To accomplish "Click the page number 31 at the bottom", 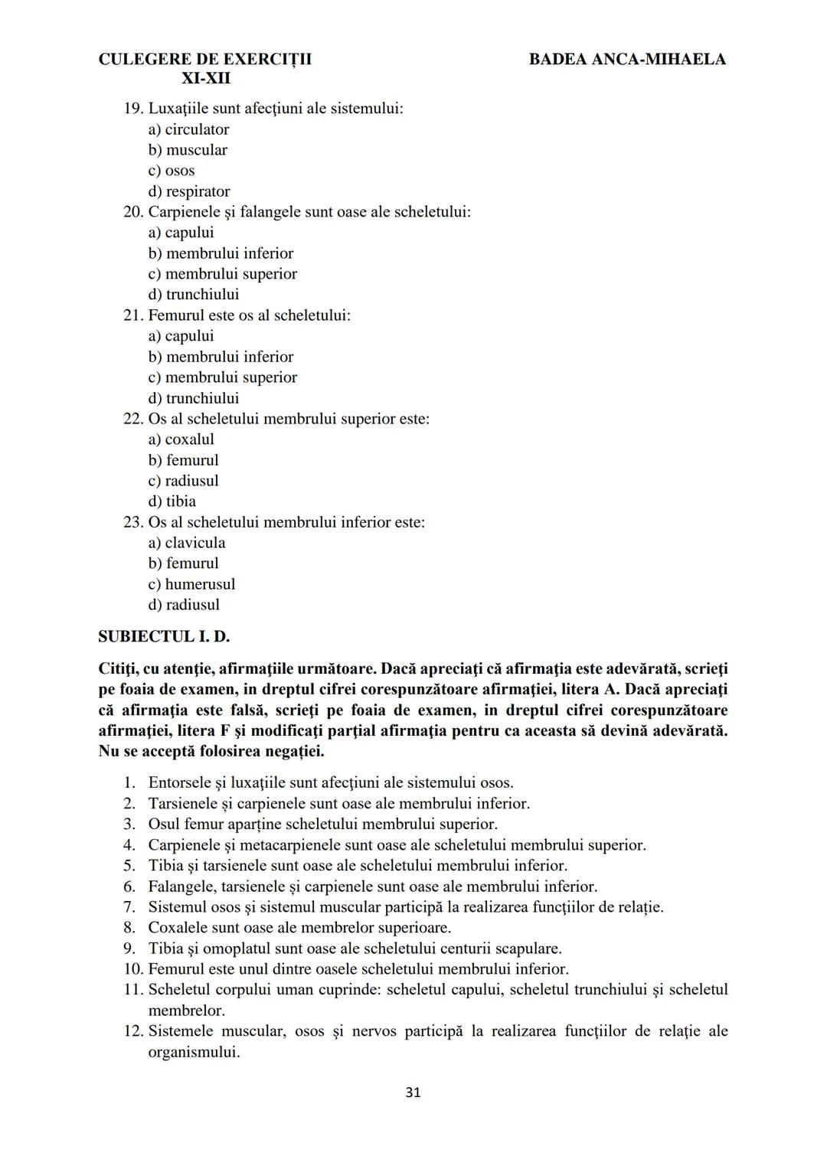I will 413,1092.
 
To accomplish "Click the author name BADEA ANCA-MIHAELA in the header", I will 627,59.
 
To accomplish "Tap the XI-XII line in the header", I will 206,78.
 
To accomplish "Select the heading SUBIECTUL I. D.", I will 164,636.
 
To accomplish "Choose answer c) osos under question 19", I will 172,171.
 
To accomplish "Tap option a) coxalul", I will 181,439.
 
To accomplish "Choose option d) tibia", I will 172,501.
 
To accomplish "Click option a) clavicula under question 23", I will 187,543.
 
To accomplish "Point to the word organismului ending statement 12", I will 194,1052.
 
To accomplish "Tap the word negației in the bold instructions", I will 295,751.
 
